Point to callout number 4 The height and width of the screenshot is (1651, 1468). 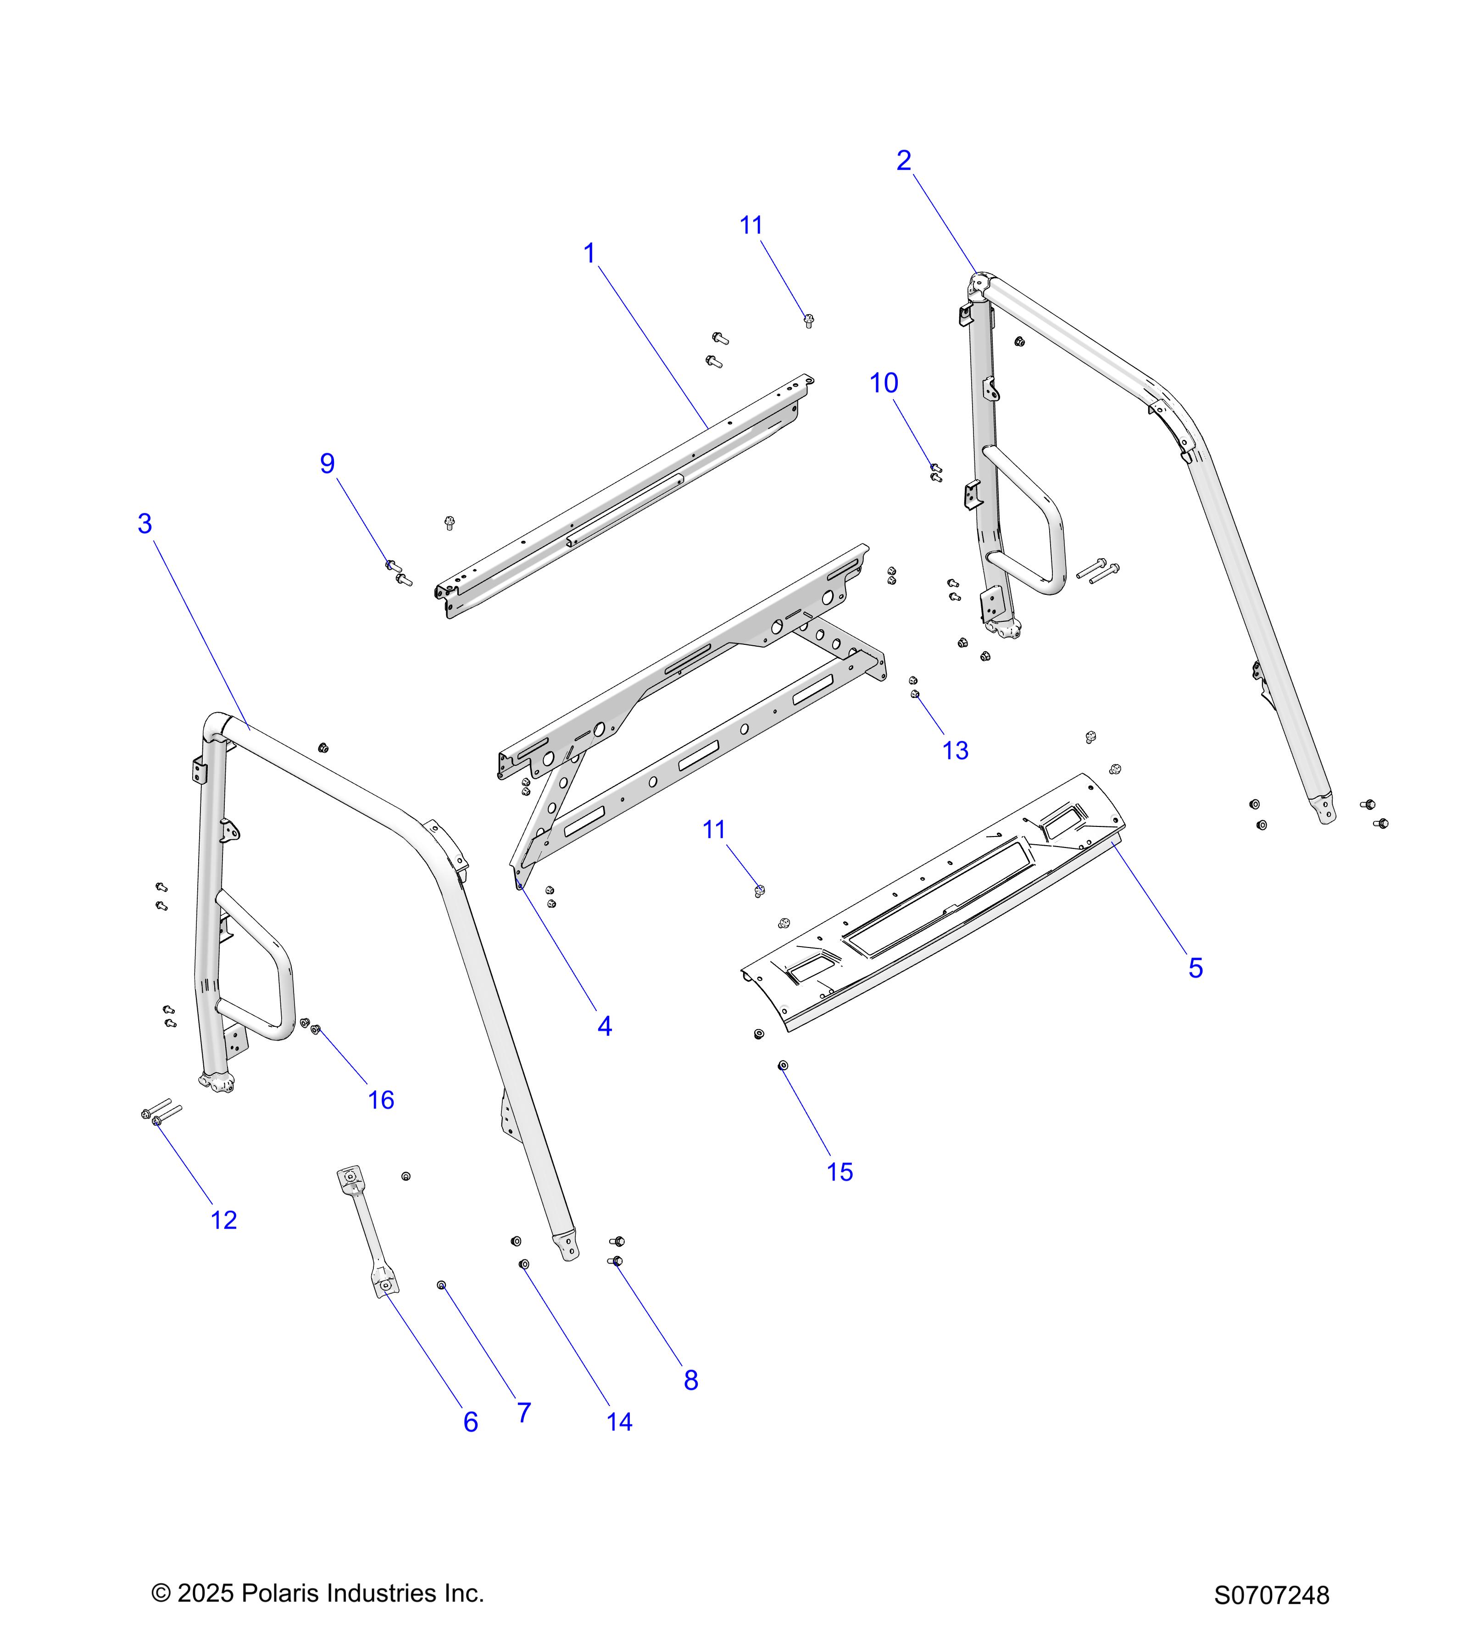604,1027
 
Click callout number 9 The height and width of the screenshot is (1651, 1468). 327,464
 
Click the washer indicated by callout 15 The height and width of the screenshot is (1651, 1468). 782,1066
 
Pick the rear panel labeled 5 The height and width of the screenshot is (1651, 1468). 929,905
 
